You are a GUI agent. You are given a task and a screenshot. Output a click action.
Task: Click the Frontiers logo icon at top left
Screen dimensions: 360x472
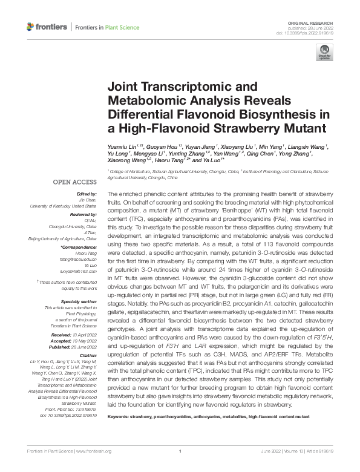click(31, 27)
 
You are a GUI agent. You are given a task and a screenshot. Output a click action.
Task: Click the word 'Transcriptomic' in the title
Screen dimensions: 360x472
click(170, 87)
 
